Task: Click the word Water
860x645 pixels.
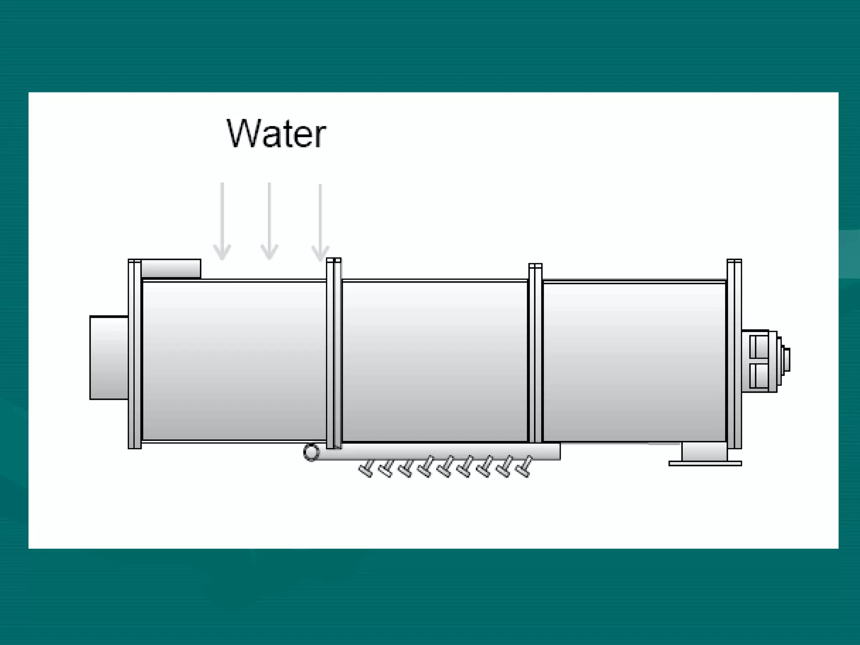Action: [276, 134]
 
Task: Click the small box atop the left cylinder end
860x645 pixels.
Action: [170, 268]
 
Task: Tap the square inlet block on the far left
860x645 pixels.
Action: [109, 358]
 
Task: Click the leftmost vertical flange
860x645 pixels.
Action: [135, 354]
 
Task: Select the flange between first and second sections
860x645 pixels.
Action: [334, 354]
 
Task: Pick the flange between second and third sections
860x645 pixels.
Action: [535, 354]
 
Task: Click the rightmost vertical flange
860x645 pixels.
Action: [734, 354]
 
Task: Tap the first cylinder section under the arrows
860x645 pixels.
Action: [234, 361]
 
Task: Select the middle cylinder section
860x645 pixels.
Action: [435, 361]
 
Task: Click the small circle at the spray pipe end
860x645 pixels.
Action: [311, 453]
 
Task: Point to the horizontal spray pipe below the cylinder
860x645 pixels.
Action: [441, 452]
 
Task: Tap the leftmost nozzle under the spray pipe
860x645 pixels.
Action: [366, 469]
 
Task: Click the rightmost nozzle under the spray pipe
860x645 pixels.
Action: [524, 467]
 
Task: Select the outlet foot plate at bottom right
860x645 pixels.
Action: [705, 463]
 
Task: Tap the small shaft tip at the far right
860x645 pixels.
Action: [787, 360]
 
